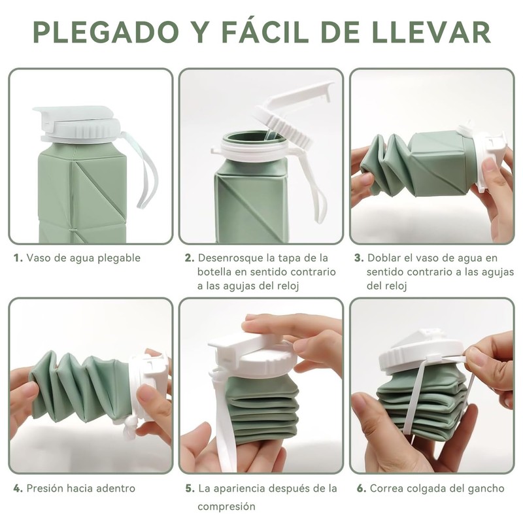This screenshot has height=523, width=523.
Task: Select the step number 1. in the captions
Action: pyautogui.click(x=18, y=258)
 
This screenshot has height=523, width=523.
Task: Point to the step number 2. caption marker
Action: pyautogui.click(x=190, y=258)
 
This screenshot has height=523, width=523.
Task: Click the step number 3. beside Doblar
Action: pyautogui.click(x=359, y=258)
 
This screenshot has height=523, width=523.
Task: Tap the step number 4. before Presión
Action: pyautogui.click(x=18, y=488)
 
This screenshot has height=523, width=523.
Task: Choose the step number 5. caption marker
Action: pyautogui.click(x=190, y=488)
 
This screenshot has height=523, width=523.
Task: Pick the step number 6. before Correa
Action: pyautogui.click(x=362, y=488)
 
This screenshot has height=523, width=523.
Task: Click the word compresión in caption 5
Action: pyautogui.click(x=226, y=507)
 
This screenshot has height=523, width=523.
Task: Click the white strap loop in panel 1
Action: pyautogui.click(x=144, y=173)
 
